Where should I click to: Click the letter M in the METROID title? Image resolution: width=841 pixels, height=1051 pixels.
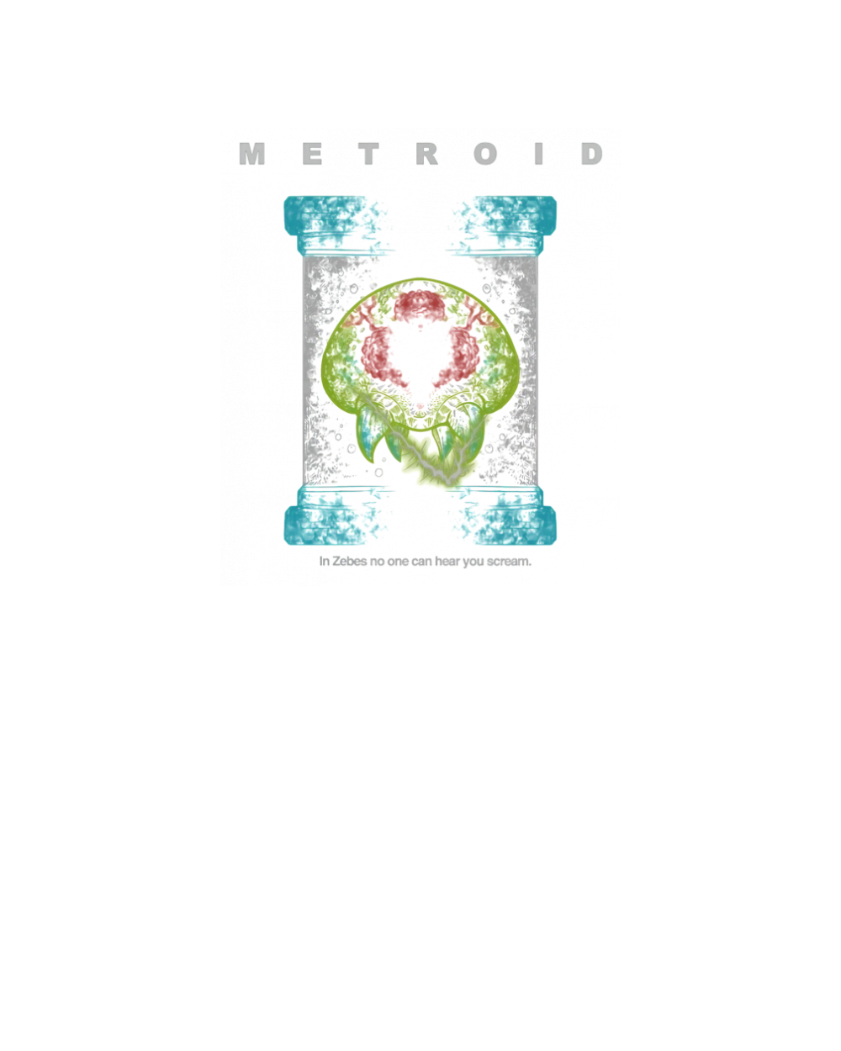click(x=250, y=154)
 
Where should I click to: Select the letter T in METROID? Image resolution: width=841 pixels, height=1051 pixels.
click(x=368, y=154)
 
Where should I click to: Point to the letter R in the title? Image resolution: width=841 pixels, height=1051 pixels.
click(x=427, y=154)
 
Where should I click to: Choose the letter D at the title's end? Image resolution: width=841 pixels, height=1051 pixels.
click(x=596, y=154)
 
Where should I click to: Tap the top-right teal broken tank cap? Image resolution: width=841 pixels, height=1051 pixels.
click(x=505, y=224)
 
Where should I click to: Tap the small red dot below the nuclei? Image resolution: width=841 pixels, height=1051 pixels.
click(x=420, y=406)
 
